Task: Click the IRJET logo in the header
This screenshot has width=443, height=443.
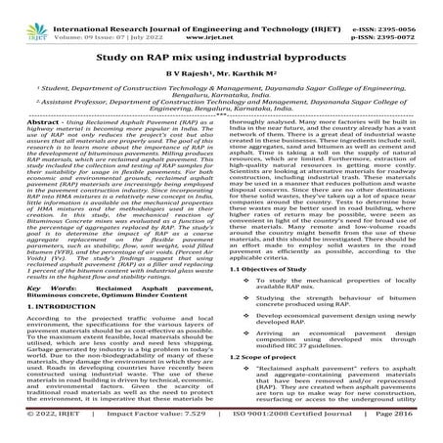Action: tap(21, 14)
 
